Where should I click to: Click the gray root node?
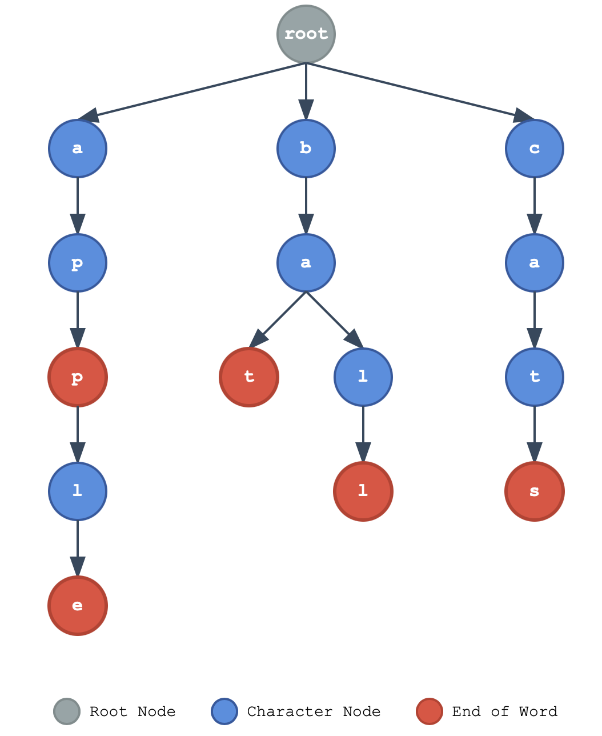coord(306,34)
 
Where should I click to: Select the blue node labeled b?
coord(306,149)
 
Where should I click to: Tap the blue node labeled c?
coord(535,149)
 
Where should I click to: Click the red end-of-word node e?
coord(78,606)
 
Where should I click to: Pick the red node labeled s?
coord(535,491)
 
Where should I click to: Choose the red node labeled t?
coord(249,377)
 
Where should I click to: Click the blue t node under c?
coord(535,377)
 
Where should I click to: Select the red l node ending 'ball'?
coord(363,491)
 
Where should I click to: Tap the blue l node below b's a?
coord(363,377)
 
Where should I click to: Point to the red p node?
coord(78,377)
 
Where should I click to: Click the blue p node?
coord(78,263)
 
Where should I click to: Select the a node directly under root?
coord(78,149)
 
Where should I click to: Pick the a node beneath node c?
coord(535,263)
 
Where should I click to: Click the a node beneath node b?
coord(306,263)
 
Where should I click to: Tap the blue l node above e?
coord(78,491)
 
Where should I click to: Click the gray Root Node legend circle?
coord(67,711)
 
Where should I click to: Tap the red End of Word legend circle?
coord(430,711)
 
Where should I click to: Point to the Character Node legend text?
coord(314,711)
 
